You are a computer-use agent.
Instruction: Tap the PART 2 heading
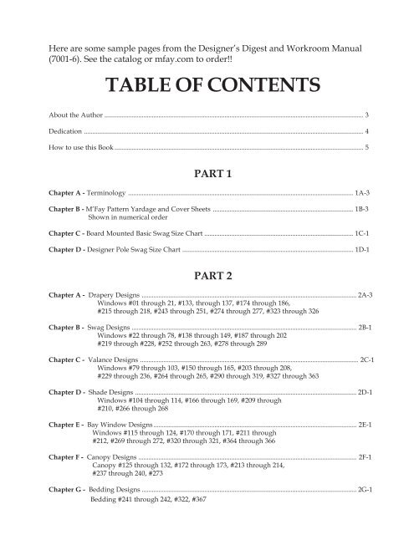207,274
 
